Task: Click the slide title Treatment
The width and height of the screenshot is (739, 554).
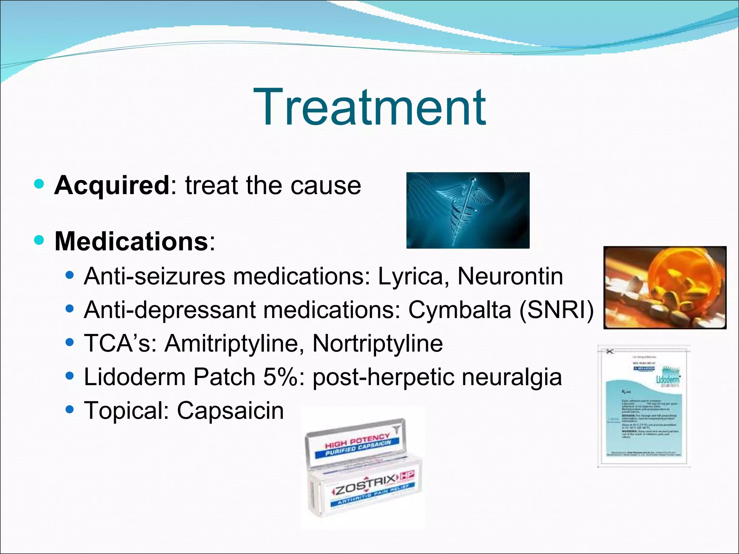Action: [x=369, y=107]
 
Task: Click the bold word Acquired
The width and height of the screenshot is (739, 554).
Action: [x=111, y=185]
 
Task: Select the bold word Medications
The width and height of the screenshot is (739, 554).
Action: [x=131, y=241]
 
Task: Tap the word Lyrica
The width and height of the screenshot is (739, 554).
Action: [x=410, y=277]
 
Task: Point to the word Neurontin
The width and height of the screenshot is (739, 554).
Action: [x=510, y=277]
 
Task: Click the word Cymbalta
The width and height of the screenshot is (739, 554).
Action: [x=459, y=310]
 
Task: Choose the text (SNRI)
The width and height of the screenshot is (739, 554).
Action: [x=556, y=310]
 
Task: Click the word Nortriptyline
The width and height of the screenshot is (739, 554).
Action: [x=377, y=343]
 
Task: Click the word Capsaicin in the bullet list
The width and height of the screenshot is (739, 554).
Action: [x=230, y=410]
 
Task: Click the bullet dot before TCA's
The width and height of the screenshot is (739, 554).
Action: [x=70, y=342]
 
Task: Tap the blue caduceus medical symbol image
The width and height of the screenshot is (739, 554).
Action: [x=468, y=210]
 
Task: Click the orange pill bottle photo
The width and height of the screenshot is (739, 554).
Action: [x=665, y=287]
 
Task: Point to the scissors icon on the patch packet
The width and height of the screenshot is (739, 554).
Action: [x=609, y=351]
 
